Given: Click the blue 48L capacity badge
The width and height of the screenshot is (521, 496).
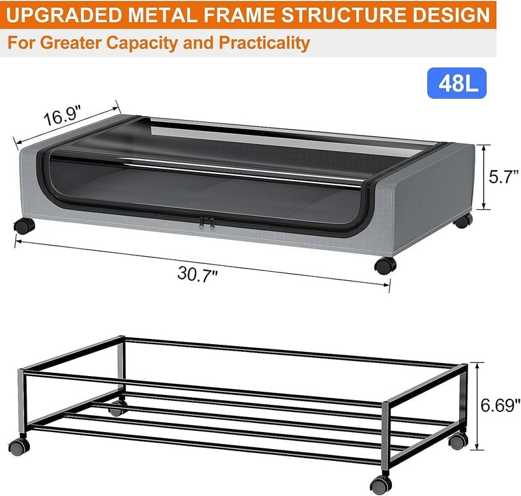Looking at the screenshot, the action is point(457,83).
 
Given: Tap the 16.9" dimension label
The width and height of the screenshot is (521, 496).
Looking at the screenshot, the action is point(63,115).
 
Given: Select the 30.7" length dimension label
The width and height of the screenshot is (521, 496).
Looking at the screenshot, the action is point(198,274).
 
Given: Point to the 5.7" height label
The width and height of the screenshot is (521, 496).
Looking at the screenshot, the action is point(503,177).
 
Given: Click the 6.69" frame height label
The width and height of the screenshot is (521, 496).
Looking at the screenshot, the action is point(500,405).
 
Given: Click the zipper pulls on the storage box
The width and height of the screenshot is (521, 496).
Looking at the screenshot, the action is point(206,222).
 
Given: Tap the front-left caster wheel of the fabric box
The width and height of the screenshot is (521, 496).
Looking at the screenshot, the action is point(24,226).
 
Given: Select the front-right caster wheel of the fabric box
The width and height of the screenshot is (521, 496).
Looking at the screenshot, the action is point(385,266).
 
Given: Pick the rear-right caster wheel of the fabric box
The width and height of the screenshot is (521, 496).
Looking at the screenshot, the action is point(463,221).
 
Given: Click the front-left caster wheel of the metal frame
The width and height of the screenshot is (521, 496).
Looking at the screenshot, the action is point(20,446).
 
